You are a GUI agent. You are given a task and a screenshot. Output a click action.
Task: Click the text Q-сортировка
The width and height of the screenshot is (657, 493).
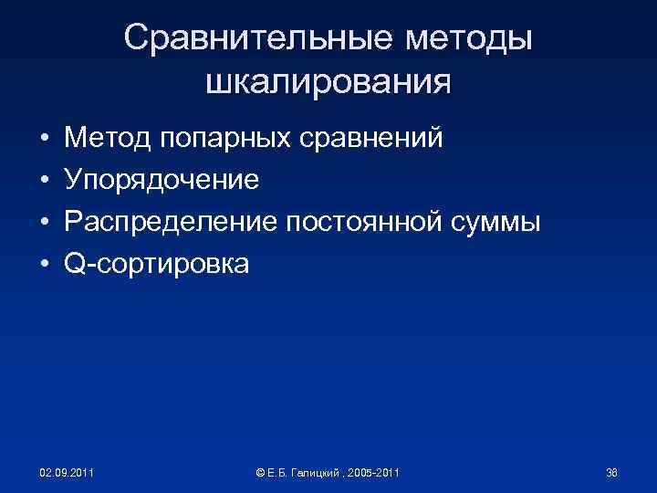[155, 264]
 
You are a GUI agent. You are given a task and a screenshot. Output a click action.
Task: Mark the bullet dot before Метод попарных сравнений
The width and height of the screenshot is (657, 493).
[44, 140]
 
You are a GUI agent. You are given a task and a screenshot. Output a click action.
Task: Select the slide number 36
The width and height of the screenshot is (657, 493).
[611, 473]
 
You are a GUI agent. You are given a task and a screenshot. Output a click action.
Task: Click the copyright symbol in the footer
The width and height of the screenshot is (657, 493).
[260, 473]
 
